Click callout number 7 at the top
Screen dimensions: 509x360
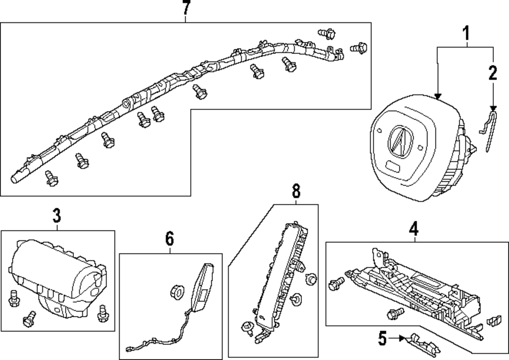tap(186, 8)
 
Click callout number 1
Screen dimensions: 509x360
tap(466, 33)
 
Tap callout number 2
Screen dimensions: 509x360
tap(493, 73)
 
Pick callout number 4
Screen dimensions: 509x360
tap(413, 229)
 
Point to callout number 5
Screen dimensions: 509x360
tap(382, 339)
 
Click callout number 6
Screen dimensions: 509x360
tap(169, 239)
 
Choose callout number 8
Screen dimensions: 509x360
tap(296, 191)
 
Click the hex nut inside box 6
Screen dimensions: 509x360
tap(177, 292)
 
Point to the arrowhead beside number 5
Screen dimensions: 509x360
tap(402, 338)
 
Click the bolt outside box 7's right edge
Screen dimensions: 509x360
tap(359, 48)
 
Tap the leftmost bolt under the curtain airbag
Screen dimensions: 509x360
tap(51, 178)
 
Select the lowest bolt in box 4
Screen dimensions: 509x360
tap(395, 313)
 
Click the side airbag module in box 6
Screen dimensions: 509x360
tap(202, 288)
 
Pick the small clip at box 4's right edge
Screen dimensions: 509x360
tap(494, 320)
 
